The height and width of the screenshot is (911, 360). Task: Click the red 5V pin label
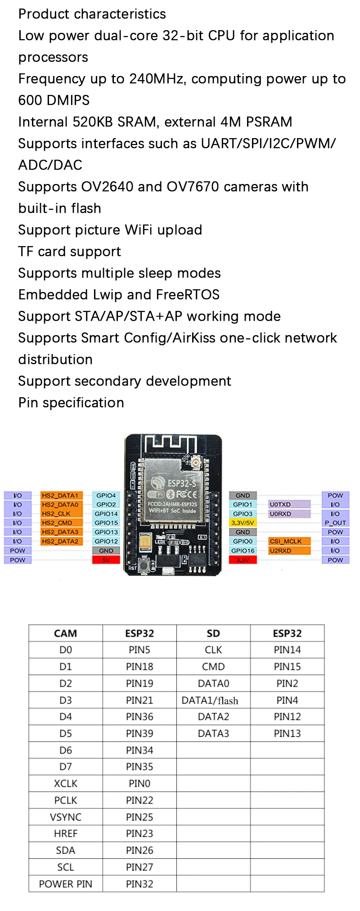click(x=106, y=560)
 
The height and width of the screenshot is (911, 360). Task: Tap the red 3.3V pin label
click(x=243, y=560)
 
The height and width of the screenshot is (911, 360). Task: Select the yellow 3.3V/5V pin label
click(x=243, y=523)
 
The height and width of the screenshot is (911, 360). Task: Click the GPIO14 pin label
click(x=106, y=514)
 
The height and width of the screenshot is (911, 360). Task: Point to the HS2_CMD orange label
click(x=62, y=523)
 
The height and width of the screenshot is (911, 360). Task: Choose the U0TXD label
click(x=289, y=504)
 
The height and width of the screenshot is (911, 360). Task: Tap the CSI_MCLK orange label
click(x=289, y=541)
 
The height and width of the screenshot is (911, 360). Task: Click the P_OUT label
click(x=335, y=523)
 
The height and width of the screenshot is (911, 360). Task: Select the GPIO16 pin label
click(x=243, y=551)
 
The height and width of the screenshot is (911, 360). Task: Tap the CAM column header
click(x=66, y=633)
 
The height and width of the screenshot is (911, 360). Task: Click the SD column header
click(x=213, y=633)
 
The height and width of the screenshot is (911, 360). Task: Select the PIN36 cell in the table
click(x=139, y=717)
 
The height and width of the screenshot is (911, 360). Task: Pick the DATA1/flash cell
click(x=210, y=700)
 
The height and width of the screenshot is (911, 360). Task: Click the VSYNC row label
click(x=66, y=817)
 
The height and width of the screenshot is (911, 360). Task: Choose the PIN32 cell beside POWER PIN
click(x=139, y=884)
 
